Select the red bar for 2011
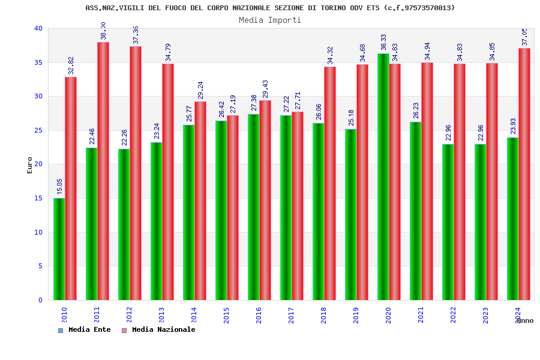coord(103,171)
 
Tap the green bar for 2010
coord(59,249)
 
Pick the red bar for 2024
coord(524,174)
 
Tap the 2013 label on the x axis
coord(161,315)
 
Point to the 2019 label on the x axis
coord(356,315)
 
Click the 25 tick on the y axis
coord(38,130)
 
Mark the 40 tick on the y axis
coord(38,28)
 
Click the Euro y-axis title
coord(30,165)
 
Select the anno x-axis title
coord(524,320)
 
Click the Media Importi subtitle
coord(270,20)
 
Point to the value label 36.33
coord(383,42)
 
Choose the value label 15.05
coord(59,186)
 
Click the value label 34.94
coord(427,51)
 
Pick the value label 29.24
coord(200,90)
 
